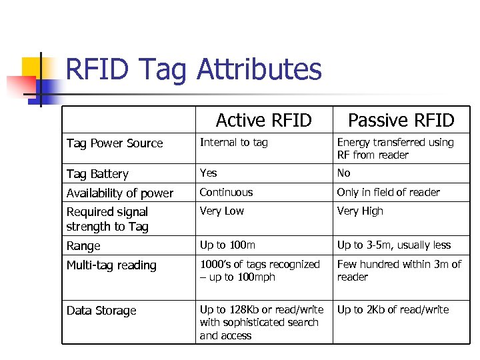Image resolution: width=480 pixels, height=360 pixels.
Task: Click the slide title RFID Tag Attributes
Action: pos(194,69)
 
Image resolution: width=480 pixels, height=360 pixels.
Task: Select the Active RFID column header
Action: pos(263,120)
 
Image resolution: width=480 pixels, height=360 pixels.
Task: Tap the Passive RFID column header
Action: pos(401,120)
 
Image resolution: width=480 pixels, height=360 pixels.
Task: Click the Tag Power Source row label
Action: pos(115,143)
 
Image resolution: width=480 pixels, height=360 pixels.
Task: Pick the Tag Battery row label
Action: pos(97,174)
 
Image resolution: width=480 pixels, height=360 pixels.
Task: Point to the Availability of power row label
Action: pos(120,193)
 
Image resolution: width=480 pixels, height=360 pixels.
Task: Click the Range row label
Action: pos(83,246)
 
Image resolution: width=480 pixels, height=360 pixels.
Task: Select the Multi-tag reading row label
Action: pos(111,265)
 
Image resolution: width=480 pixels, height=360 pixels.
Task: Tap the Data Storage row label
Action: pos(101,311)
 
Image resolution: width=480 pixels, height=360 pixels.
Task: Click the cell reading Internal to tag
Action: pos(233,142)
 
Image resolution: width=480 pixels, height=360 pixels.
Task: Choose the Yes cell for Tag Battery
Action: pos(209,173)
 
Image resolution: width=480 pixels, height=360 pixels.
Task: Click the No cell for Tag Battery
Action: pos(343,173)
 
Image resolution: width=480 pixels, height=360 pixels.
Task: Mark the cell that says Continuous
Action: pos(227,192)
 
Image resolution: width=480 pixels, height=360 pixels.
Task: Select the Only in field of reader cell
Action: pos(388,192)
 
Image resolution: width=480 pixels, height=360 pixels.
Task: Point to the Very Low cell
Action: pos(222,211)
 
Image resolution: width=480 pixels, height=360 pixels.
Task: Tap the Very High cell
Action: pos(360,211)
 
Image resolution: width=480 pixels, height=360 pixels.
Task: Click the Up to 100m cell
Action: pos(227,245)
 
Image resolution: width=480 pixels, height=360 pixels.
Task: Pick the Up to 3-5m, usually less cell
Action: pos(394,245)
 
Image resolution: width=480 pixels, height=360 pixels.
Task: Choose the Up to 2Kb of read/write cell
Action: pos(393,309)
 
